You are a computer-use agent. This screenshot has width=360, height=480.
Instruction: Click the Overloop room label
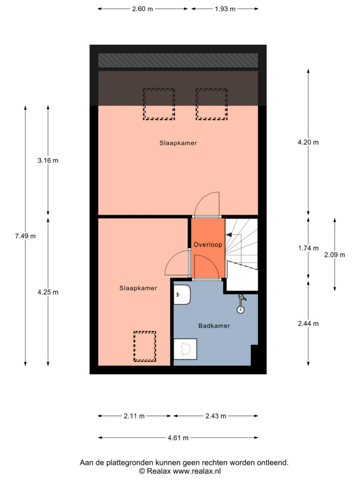(x=208, y=245)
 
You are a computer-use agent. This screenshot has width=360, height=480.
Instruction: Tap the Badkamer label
(x=214, y=326)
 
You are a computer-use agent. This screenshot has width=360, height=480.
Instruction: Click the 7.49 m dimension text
(x=25, y=236)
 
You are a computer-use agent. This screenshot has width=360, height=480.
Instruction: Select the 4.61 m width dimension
(x=178, y=438)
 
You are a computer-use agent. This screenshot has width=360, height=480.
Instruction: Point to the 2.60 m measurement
(x=142, y=9)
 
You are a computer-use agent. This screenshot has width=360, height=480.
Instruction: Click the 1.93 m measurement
(x=225, y=9)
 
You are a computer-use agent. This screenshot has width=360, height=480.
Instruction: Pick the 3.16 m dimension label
(x=48, y=160)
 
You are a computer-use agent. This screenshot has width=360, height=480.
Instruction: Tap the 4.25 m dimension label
(x=48, y=292)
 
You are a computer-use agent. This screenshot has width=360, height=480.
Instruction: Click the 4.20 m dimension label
(x=308, y=142)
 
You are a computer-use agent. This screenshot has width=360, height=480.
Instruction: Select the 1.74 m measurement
(x=308, y=248)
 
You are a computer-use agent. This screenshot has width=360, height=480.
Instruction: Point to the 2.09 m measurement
(x=335, y=255)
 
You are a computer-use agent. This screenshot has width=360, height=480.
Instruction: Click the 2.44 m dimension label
(x=308, y=323)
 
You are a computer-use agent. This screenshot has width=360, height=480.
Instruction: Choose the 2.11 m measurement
(x=134, y=416)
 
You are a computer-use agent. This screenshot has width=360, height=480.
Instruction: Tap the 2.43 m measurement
(x=216, y=416)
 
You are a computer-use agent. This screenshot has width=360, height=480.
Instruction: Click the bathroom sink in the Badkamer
(x=182, y=294)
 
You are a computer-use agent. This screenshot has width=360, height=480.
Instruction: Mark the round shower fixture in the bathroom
(x=240, y=309)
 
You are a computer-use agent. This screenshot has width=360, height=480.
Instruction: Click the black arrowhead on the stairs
(x=228, y=235)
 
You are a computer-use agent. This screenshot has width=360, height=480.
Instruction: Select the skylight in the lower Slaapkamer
(x=145, y=346)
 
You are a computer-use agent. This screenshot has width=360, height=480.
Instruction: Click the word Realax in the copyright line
(x=158, y=471)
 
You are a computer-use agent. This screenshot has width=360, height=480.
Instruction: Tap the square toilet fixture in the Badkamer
(x=185, y=349)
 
